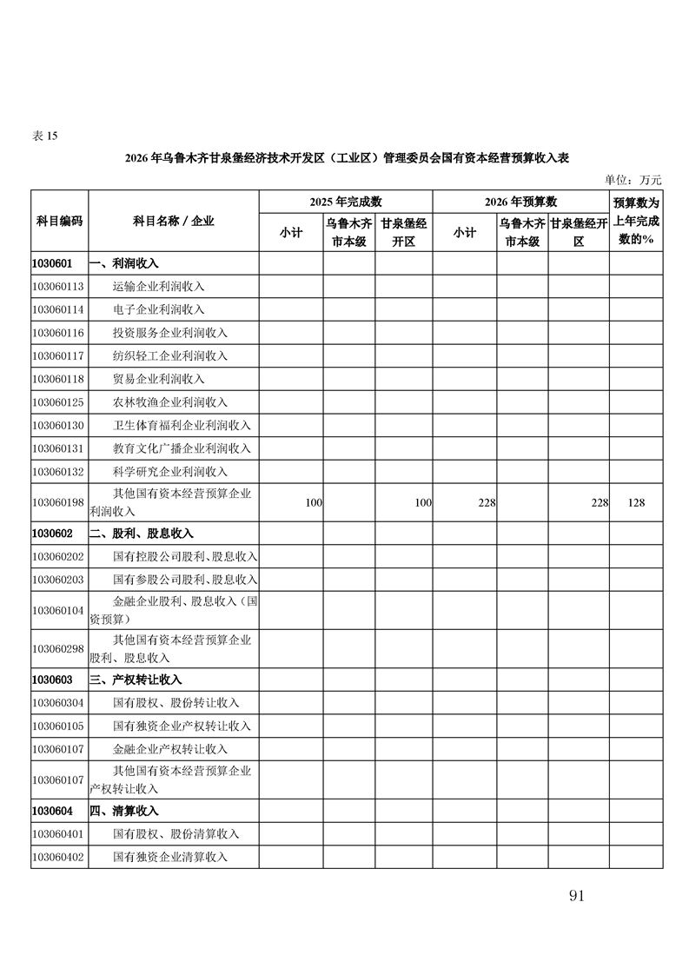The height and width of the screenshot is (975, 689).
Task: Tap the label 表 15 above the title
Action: pos(44,136)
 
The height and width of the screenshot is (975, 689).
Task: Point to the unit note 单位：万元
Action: pos(633,180)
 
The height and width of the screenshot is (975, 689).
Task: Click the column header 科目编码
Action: pos(59,221)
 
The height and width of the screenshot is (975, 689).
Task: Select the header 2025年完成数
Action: pos(345,202)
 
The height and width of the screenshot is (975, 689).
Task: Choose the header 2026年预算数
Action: pos(520,202)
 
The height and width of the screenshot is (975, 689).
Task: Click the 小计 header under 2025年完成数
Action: pos(291,232)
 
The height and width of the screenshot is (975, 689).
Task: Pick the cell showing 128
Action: pos(635,503)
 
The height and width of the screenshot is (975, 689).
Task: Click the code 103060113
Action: pos(58,286)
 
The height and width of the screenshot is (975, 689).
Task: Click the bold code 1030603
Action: pos(52,680)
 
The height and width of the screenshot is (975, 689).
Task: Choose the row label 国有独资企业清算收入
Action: pos(170,857)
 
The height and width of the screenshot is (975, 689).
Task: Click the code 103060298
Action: pos(58,648)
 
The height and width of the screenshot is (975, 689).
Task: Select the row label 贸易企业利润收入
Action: pos(159,379)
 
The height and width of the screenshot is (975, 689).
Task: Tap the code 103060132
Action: pos(58,471)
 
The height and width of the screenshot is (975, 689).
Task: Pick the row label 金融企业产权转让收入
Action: pos(170,749)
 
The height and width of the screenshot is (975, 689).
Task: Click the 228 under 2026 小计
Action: pos(487,503)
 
